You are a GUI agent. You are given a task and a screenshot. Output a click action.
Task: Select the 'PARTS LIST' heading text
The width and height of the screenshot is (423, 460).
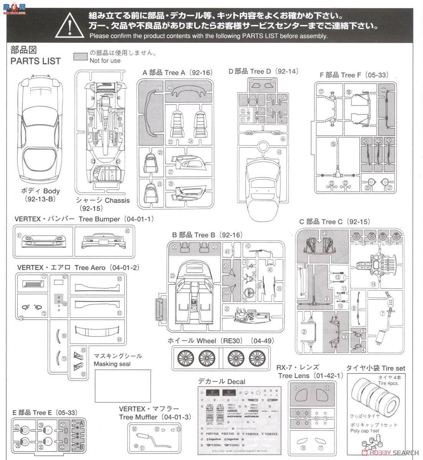[x=35, y=61]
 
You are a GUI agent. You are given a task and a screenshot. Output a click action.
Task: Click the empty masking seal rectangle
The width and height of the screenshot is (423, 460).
[x=122, y=386]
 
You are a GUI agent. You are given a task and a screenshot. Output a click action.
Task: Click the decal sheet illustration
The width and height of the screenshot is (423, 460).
[x=237, y=422]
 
